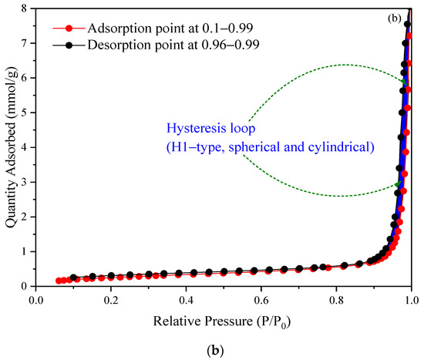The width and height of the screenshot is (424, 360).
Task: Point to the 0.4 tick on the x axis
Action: tap(185, 286)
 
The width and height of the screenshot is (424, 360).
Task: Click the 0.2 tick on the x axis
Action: tap(110, 286)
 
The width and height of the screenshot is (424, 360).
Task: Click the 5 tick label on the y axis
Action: tap(25, 113)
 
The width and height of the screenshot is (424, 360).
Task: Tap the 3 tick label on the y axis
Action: tap(25, 182)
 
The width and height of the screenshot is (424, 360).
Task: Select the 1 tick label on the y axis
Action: tap(25, 251)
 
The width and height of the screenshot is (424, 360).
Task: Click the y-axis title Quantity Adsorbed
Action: tap(10, 146)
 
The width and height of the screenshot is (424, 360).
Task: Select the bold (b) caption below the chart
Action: tap(223, 348)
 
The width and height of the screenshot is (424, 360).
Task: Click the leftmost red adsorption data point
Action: tap(59, 281)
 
